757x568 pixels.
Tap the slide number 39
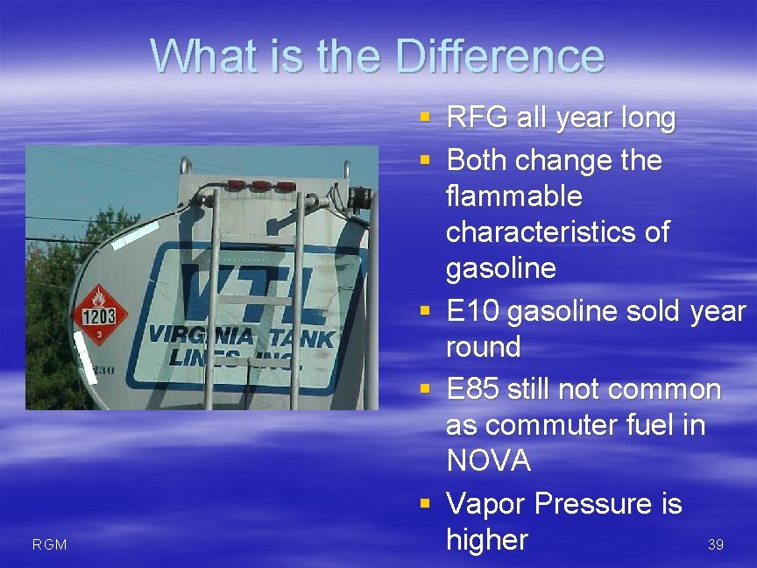click(x=715, y=545)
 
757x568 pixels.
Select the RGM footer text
click(x=49, y=545)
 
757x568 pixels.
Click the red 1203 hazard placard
click(x=99, y=314)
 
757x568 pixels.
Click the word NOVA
click(x=488, y=461)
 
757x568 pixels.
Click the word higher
click(x=487, y=540)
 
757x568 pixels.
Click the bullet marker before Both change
click(x=425, y=160)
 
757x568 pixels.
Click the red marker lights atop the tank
click(x=261, y=187)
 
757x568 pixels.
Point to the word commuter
click(x=549, y=425)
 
